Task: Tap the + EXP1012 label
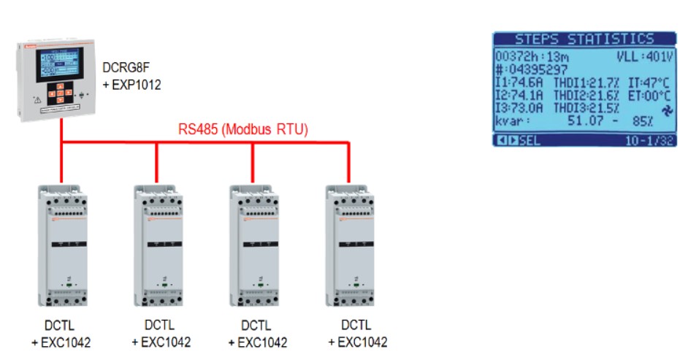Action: [x=132, y=86]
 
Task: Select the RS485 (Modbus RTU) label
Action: [x=243, y=130]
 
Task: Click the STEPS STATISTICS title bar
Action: [x=584, y=39]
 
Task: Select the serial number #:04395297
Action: [x=536, y=69]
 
